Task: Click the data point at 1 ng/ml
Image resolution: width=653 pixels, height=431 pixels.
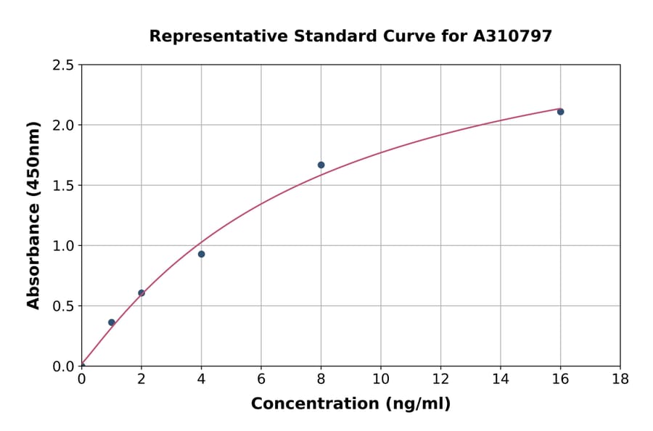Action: point(112,322)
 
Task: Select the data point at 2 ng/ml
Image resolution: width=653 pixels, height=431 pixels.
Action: point(141,293)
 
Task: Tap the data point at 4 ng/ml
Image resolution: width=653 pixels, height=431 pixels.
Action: point(201,254)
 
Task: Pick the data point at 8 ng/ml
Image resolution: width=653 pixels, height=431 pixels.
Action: point(321,165)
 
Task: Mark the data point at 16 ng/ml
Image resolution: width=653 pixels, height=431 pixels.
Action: point(560,112)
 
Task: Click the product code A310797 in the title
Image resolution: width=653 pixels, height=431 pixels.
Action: point(513,36)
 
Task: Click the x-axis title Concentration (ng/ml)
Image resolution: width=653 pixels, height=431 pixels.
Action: point(350,404)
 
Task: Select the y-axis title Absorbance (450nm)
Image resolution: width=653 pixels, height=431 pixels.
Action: point(33,215)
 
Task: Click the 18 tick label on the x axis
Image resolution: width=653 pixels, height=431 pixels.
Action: point(620,379)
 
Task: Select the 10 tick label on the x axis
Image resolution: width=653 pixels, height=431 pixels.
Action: point(381,379)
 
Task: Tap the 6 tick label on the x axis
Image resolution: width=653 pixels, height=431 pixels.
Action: point(261,379)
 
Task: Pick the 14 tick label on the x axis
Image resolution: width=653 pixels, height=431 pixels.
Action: point(500,379)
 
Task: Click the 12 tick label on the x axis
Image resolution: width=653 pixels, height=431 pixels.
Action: point(440,379)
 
